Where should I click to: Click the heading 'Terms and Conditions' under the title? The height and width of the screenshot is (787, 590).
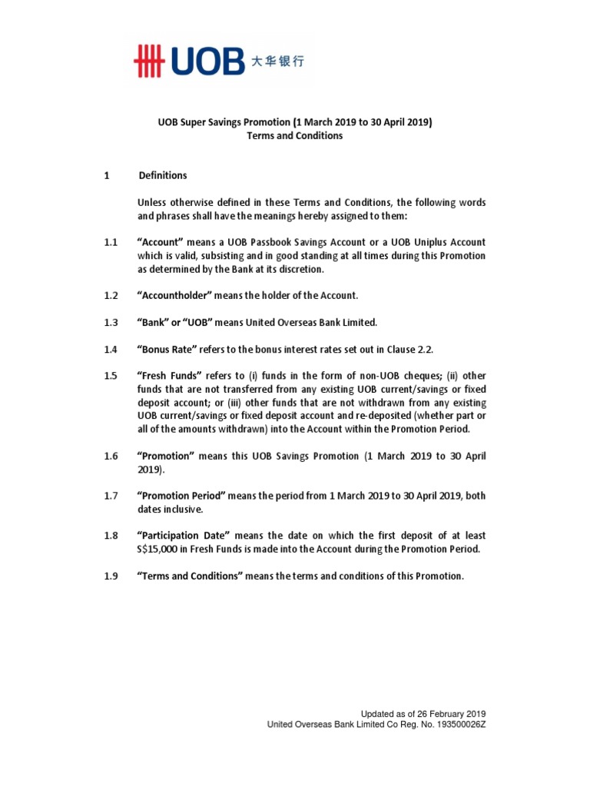click(x=294, y=136)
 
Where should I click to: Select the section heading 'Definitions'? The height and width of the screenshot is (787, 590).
click(x=163, y=176)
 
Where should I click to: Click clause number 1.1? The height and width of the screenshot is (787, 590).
click(x=111, y=243)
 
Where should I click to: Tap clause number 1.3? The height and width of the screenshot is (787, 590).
click(x=111, y=323)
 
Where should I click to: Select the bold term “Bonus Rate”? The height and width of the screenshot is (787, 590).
click(x=167, y=350)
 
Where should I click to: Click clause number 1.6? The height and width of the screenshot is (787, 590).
click(x=111, y=457)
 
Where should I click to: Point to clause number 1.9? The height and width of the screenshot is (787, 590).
click(x=111, y=576)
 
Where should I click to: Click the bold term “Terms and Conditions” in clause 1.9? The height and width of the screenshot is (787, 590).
click(x=191, y=576)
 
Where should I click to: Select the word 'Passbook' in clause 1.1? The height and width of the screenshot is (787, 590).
click(x=283, y=243)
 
